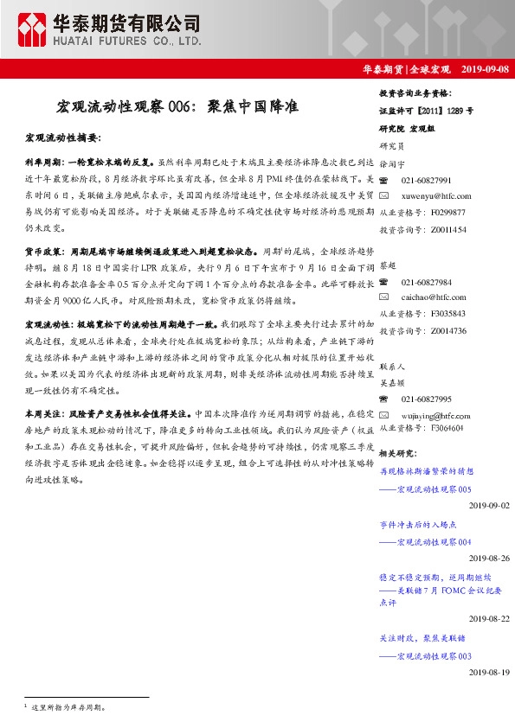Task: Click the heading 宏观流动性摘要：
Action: [x=63, y=138]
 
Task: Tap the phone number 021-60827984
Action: [x=427, y=282]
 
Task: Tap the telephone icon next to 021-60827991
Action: [x=387, y=180]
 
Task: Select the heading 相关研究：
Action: [x=400, y=454]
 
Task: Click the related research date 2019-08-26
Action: [x=489, y=559]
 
